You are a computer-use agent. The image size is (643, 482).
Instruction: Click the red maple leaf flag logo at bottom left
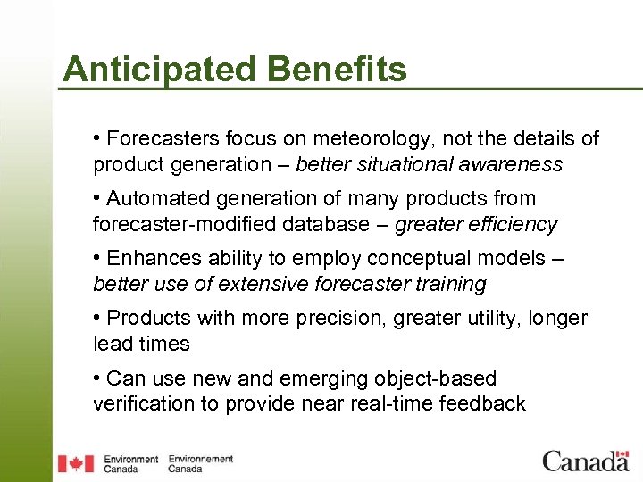point(76,463)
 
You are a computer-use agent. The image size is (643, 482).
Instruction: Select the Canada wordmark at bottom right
point(586,461)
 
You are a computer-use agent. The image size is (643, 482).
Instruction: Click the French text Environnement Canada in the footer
point(200,463)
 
